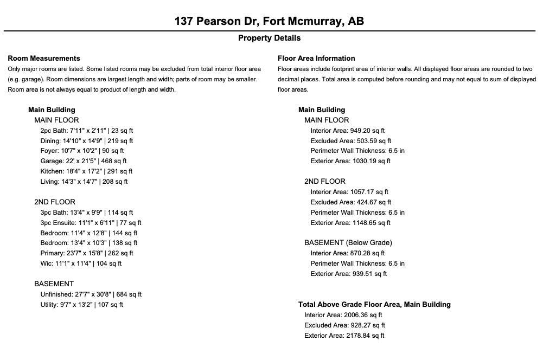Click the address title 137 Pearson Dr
click(x=269, y=21)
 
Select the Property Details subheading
click(x=269, y=38)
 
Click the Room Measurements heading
click(x=44, y=58)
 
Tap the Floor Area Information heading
click(x=316, y=58)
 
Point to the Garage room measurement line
click(x=83, y=161)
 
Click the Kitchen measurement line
click(x=86, y=171)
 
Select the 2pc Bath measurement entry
click(x=86, y=131)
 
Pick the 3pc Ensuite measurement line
click(x=91, y=223)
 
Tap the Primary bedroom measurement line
click(x=87, y=253)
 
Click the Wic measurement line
click(x=81, y=263)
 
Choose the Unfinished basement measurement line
click(x=91, y=294)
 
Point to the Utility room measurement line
click(x=81, y=305)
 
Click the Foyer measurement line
click(x=82, y=151)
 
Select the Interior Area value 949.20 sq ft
click(x=347, y=131)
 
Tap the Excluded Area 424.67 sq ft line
click(x=350, y=202)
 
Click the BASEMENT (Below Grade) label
click(x=348, y=243)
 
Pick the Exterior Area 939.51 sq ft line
click(x=348, y=274)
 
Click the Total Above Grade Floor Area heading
click(x=374, y=305)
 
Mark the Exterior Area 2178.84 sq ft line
click(x=344, y=336)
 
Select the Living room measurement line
click(x=84, y=182)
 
